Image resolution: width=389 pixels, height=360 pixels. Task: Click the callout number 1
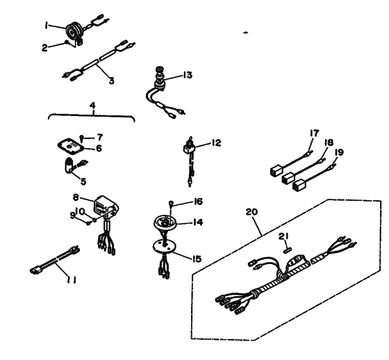tap(46, 25)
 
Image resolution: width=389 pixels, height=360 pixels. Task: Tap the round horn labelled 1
tap(74, 31)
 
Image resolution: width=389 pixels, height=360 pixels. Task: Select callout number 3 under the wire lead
tap(112, 81)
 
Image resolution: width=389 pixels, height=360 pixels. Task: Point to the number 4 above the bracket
tap(92, 105)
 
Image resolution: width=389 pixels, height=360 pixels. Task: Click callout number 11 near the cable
tap(71, 280)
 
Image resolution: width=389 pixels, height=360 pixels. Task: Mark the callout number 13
tap(188, 75)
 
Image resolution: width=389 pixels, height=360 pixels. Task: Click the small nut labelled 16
tap(171, 204)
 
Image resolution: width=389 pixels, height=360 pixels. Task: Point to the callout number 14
tap(198, 222)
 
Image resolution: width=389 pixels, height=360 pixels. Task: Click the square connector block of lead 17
tap(276, 171)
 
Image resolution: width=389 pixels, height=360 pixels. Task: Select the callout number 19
tap(339, 152)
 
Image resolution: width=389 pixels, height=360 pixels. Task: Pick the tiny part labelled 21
tap(288, 251)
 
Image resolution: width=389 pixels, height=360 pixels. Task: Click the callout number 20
tap(251, 212)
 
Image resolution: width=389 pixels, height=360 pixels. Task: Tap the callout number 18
tap(329, 142)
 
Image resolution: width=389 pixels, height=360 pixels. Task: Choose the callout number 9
tap(72, 215)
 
